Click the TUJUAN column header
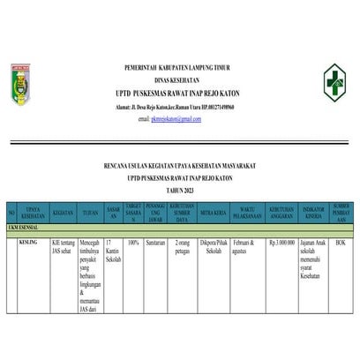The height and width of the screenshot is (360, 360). point(91,213)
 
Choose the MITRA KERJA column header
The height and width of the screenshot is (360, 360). point(213,213)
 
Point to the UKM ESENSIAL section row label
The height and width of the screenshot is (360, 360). point(25,228)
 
